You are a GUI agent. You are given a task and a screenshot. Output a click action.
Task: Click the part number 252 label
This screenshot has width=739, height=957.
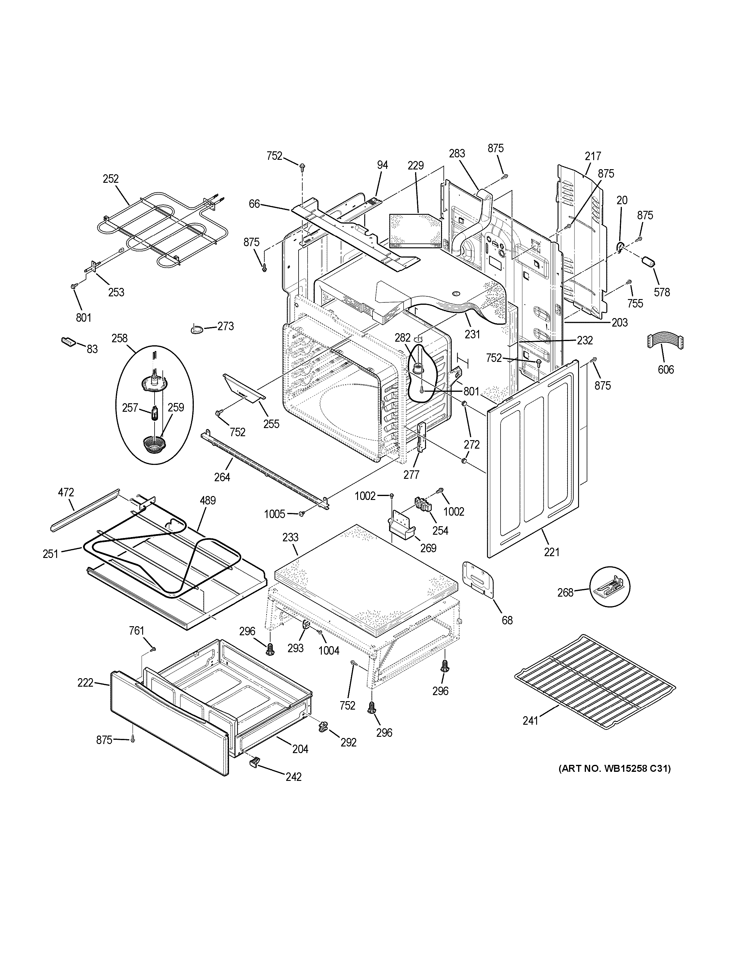point(111,179)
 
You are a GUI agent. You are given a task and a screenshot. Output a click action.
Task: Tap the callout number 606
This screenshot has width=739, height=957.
point(665,369)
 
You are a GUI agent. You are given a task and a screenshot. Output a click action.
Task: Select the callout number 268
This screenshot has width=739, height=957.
point(565,592)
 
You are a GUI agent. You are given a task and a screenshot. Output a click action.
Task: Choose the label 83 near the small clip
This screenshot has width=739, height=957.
point(92,349)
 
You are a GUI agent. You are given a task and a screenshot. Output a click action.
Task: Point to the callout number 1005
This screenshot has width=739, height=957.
point(274,514)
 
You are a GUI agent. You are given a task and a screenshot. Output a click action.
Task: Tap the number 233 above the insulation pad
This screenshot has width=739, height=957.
point(290,537)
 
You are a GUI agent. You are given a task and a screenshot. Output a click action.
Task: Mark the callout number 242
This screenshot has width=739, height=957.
point(293,776)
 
